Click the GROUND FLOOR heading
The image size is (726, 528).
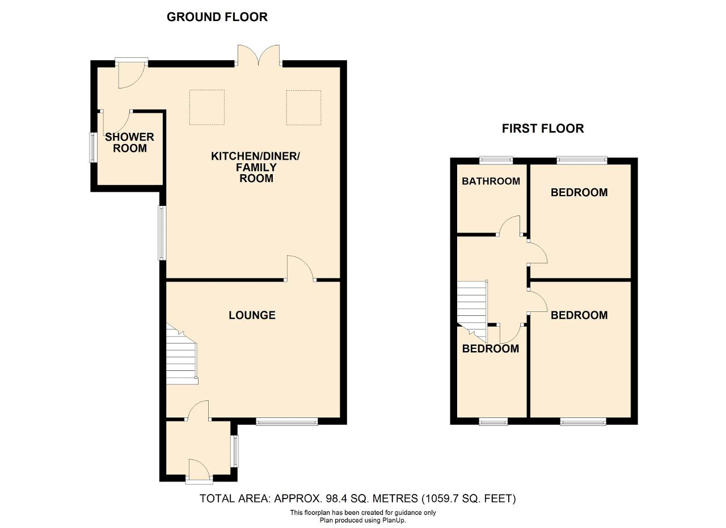click(x=217, y=17)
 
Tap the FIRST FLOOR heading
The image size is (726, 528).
click(x=543, y=129)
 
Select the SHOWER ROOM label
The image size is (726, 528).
click(x=130, y=142)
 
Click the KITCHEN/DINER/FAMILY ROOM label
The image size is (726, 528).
click(x=256, y=167)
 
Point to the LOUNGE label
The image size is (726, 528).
click(x=252, y=315)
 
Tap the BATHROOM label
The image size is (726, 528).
click(x=491, y=181)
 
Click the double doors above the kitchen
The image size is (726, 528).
click(x=258, y=56)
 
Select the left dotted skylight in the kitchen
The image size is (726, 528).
click(x=207, y=107)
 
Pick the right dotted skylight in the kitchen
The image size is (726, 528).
click(x=303, y=108)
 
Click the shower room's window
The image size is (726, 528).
click(x=92, y=147)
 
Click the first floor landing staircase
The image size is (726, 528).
click(x=472, y=311)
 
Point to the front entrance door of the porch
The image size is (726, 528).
click(x=199, y=471)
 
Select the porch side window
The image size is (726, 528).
click(x=235, y=451)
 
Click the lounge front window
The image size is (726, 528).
click(x=287, y=421)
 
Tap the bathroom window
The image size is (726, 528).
click(x=496, y=160)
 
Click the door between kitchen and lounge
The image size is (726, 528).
click(x=300, y=268)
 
